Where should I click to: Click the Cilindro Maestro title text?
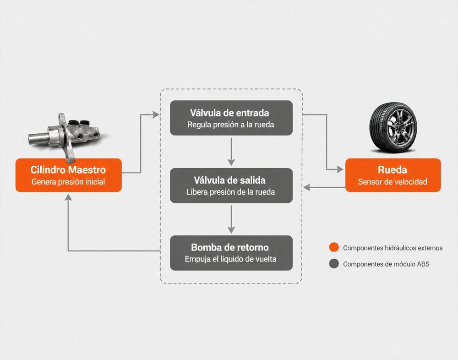point(68,170)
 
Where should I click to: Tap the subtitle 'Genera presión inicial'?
point(68,182)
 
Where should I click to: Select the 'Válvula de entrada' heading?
point(229,113)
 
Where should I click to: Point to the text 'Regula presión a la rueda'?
point(231,125)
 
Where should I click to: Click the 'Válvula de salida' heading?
point(229,180)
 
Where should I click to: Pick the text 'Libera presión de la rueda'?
point(231,192)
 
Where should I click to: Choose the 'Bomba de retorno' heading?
point(230,247)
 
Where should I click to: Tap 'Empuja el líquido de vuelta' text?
point(231,259)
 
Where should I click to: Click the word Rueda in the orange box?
point(393,170)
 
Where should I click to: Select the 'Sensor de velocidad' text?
point(393,182)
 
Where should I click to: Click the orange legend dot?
point(334,247)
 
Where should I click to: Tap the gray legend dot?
point(334,263)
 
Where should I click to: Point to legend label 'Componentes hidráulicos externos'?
point(393,248)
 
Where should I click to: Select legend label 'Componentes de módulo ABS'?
point(386,264)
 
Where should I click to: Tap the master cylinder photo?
point(65,135)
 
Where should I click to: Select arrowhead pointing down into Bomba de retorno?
point(231,230)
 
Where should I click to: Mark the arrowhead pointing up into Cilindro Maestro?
point(68,197)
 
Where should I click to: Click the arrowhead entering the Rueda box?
point(340,169)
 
